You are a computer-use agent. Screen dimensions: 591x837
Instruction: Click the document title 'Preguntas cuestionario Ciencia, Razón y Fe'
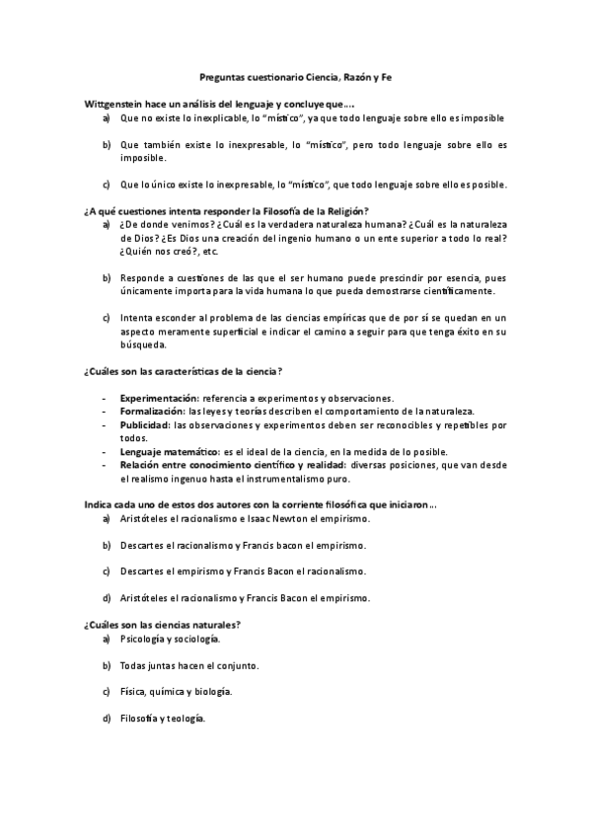(295, 76)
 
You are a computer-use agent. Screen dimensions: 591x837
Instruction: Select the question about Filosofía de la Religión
(227, 210)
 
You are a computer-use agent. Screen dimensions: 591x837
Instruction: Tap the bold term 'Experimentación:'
(157, 397)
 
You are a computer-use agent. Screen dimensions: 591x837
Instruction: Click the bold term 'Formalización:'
(152, 411)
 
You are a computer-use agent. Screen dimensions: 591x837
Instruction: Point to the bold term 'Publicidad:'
(144, 424)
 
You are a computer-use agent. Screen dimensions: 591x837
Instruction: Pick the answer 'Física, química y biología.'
(176, 691)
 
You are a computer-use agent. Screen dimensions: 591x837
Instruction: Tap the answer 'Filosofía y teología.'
(162, 718)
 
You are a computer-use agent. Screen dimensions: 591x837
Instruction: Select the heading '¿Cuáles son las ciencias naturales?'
(163, 625)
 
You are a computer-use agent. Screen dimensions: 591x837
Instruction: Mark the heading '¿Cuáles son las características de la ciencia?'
(185, 370)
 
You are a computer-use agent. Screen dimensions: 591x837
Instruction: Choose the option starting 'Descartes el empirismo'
(242, 571)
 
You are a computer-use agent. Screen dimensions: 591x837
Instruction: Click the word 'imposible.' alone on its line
(143, 157)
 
